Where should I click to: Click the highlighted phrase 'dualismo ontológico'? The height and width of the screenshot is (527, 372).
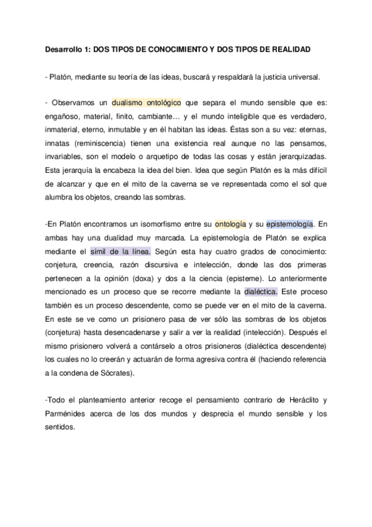145,102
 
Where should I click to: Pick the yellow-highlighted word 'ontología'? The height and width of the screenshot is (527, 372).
230,224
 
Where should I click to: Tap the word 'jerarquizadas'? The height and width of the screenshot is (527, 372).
301,156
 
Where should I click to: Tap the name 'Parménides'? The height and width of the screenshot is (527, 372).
70,414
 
